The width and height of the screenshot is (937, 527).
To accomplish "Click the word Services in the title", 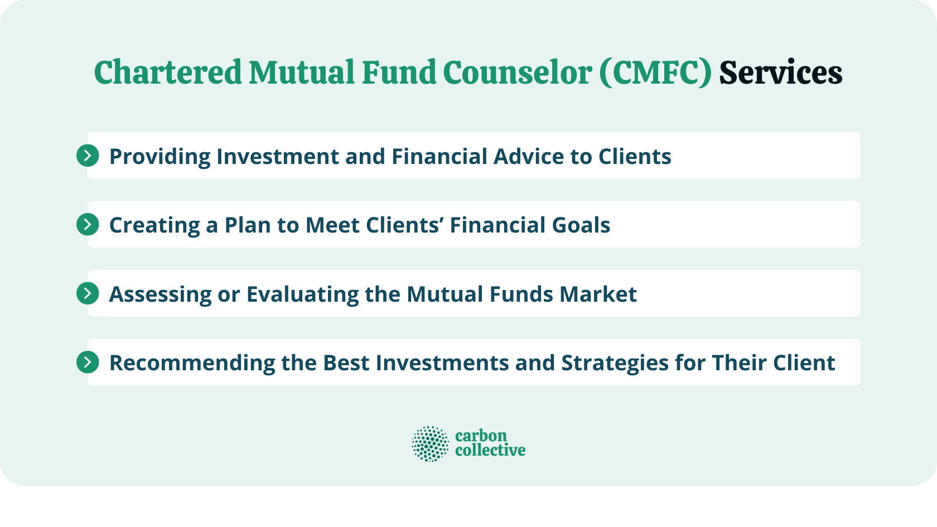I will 780,73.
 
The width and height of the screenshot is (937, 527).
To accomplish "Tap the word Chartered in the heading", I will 167,73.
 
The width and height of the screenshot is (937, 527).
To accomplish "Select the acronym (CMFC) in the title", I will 655,73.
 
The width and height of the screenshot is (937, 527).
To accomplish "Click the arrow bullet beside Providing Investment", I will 88,156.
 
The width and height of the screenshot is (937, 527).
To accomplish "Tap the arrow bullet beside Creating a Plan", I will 88,225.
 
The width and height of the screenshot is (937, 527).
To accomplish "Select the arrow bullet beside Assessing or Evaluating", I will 88,293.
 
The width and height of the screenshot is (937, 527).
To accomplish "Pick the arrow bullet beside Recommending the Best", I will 88,362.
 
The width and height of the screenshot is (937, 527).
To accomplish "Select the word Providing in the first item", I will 160,157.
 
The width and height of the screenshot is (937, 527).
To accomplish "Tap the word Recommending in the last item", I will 192,363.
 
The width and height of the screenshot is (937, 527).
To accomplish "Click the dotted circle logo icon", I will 430,444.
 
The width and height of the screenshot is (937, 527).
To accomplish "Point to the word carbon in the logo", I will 481,436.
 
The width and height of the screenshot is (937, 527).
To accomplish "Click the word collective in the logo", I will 490,451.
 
